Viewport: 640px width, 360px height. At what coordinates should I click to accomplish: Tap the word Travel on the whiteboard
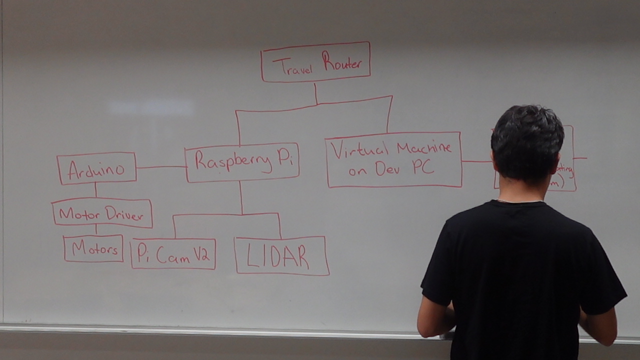click(292, 67)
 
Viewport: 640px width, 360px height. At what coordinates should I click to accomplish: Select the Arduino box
click(96, 169)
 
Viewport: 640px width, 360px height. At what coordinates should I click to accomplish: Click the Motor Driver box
click(102, 212)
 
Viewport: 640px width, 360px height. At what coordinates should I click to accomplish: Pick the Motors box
click(93, 248)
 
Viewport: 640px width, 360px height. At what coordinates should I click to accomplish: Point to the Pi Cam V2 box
click(173, 254)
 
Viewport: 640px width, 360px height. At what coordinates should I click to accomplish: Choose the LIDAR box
click(281, 256)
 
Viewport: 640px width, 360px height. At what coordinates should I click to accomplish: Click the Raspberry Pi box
click(242, 162)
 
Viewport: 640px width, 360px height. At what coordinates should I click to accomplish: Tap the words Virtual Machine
click(391, 149)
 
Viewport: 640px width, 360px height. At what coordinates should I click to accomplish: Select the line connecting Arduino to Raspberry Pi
click(160, 167)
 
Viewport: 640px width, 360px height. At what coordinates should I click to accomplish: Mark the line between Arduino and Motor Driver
click(95, 190)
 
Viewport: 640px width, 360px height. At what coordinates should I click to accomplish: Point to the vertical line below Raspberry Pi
click(240, 197)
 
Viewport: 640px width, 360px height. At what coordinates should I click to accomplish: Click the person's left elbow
click(428, 325)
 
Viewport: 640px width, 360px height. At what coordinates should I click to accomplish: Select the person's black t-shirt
click(520, 270)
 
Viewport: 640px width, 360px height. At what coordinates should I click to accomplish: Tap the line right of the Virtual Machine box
click(476, 161)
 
